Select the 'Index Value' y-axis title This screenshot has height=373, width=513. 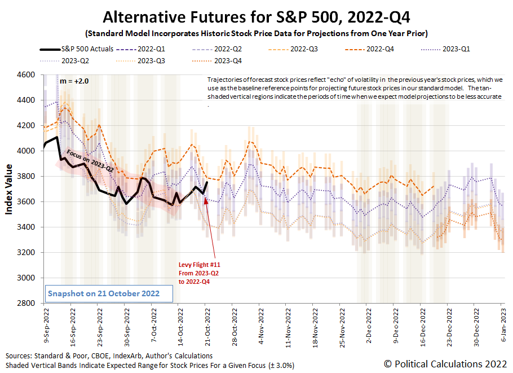(10, 189)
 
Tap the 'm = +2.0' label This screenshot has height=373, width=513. (74, 81)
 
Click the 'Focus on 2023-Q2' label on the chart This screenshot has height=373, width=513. (90, 160)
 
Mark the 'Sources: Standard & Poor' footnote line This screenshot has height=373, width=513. (109, 356)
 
